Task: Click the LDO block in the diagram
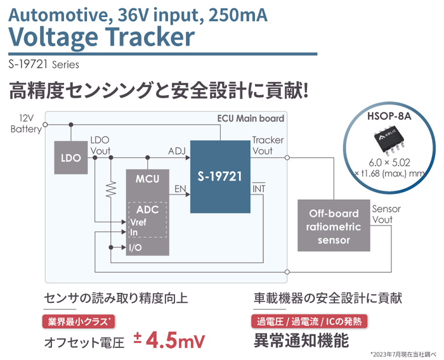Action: coord(70,158)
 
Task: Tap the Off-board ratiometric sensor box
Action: coord(333,226)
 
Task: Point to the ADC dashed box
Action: coord(147,219)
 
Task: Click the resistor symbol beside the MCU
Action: coord(111,188)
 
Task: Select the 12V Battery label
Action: coord(25,124)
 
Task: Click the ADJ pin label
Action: coord(177,151)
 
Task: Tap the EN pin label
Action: coord(180,188)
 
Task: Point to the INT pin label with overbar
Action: coord(259,188)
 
